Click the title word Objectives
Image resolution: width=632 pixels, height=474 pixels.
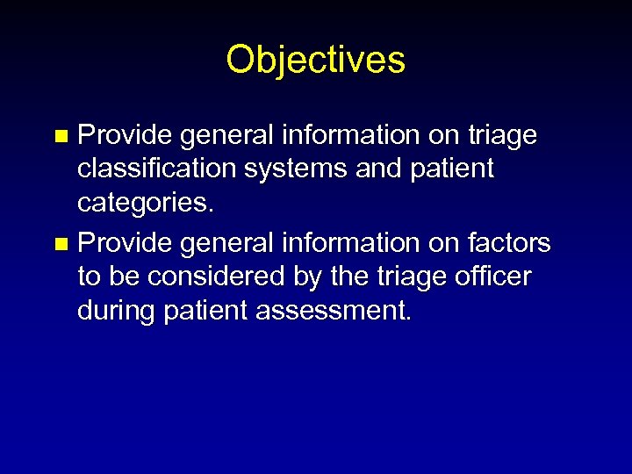[x=315, y=61]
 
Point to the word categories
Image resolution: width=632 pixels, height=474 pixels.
[x=142, y=204]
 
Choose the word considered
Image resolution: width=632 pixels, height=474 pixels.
[x=227, y=276]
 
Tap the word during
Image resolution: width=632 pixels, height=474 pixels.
[x=120, y=312]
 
